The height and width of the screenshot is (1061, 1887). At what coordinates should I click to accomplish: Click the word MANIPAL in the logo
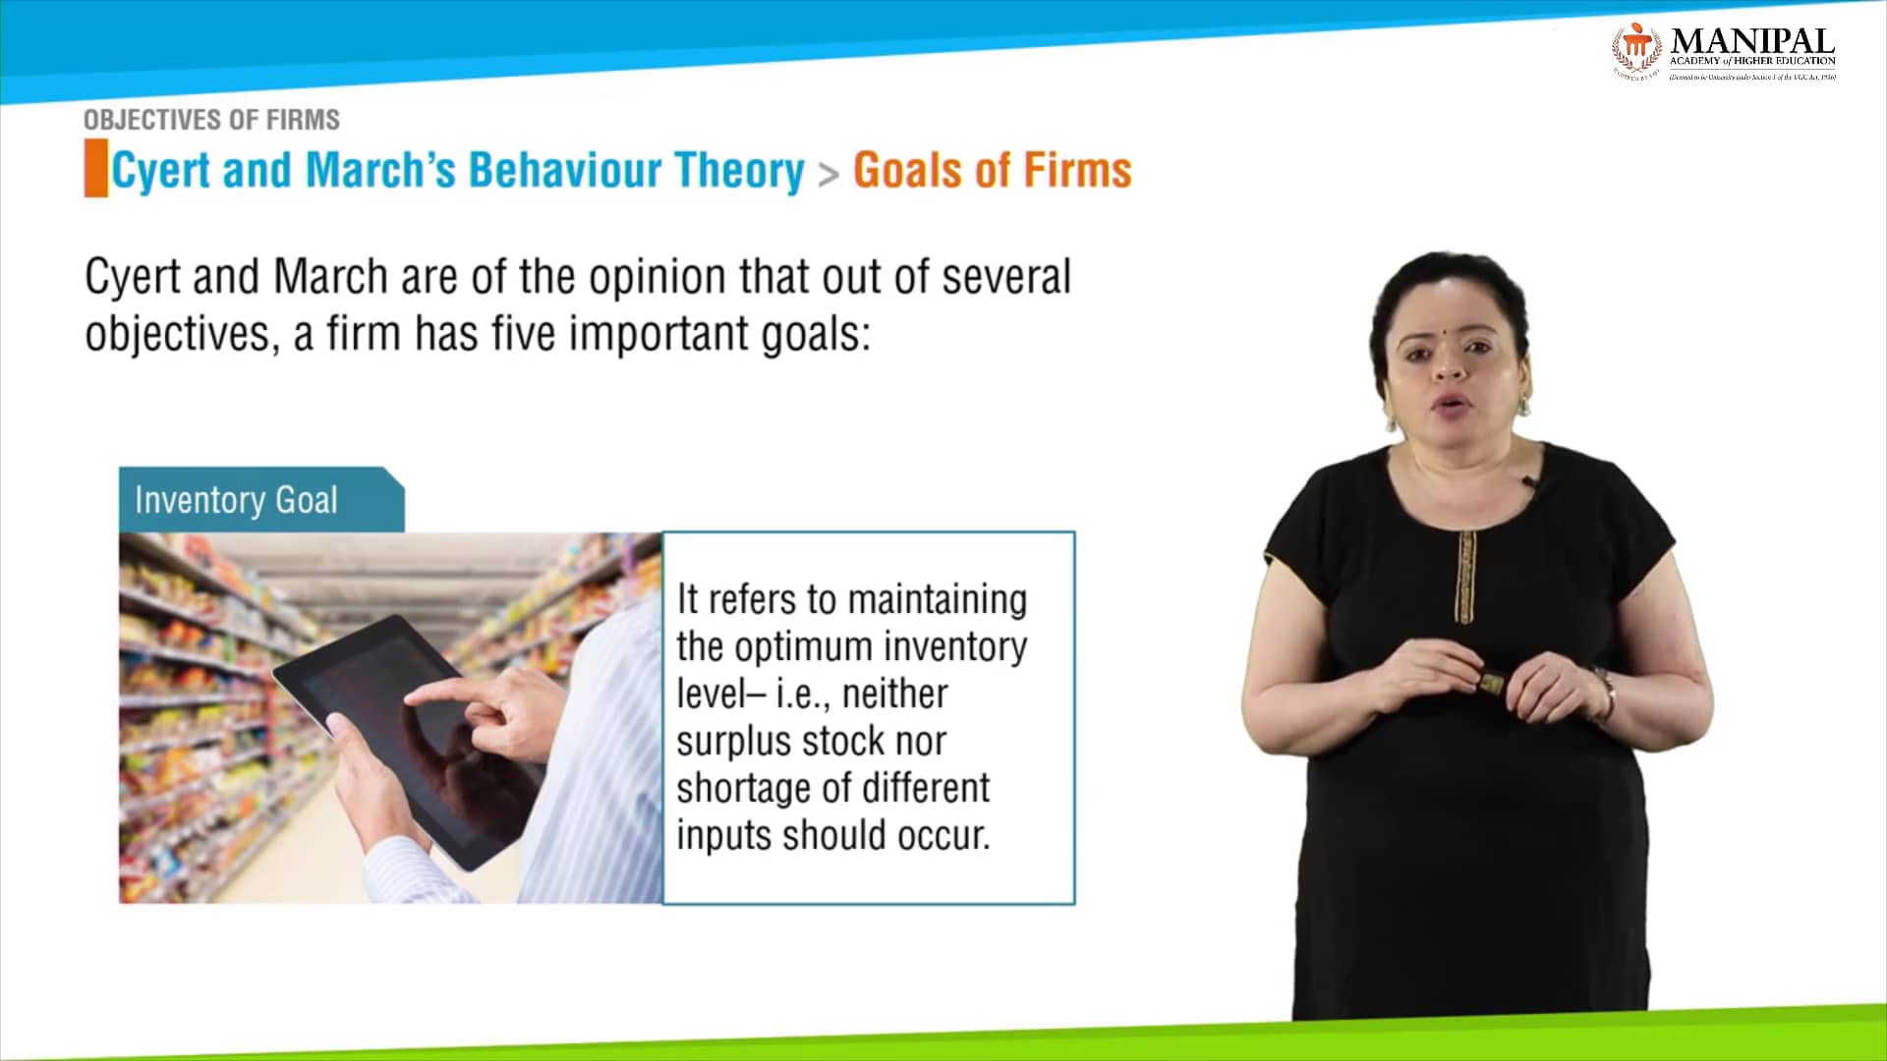(1751, 41)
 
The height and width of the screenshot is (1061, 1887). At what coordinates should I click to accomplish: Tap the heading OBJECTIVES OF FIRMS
(211, 120)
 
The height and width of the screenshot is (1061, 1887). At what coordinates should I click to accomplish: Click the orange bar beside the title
(95, 169)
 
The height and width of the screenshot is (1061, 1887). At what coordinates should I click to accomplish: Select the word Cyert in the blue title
(160, 171)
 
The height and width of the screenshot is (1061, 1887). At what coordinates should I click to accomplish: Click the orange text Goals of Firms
(992, 170)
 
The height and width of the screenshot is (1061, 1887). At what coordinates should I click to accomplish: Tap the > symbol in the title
(829, 175)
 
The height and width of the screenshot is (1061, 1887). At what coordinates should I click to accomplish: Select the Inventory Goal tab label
(236, 500)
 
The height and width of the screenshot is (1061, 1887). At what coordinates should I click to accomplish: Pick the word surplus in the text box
(732, 742)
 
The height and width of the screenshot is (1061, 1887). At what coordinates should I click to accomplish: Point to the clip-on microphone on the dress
(1529, 483)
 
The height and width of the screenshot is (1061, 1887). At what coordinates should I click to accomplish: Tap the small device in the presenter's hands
(1493, 680)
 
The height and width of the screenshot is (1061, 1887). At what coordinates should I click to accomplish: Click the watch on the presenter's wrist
(1606, 692)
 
